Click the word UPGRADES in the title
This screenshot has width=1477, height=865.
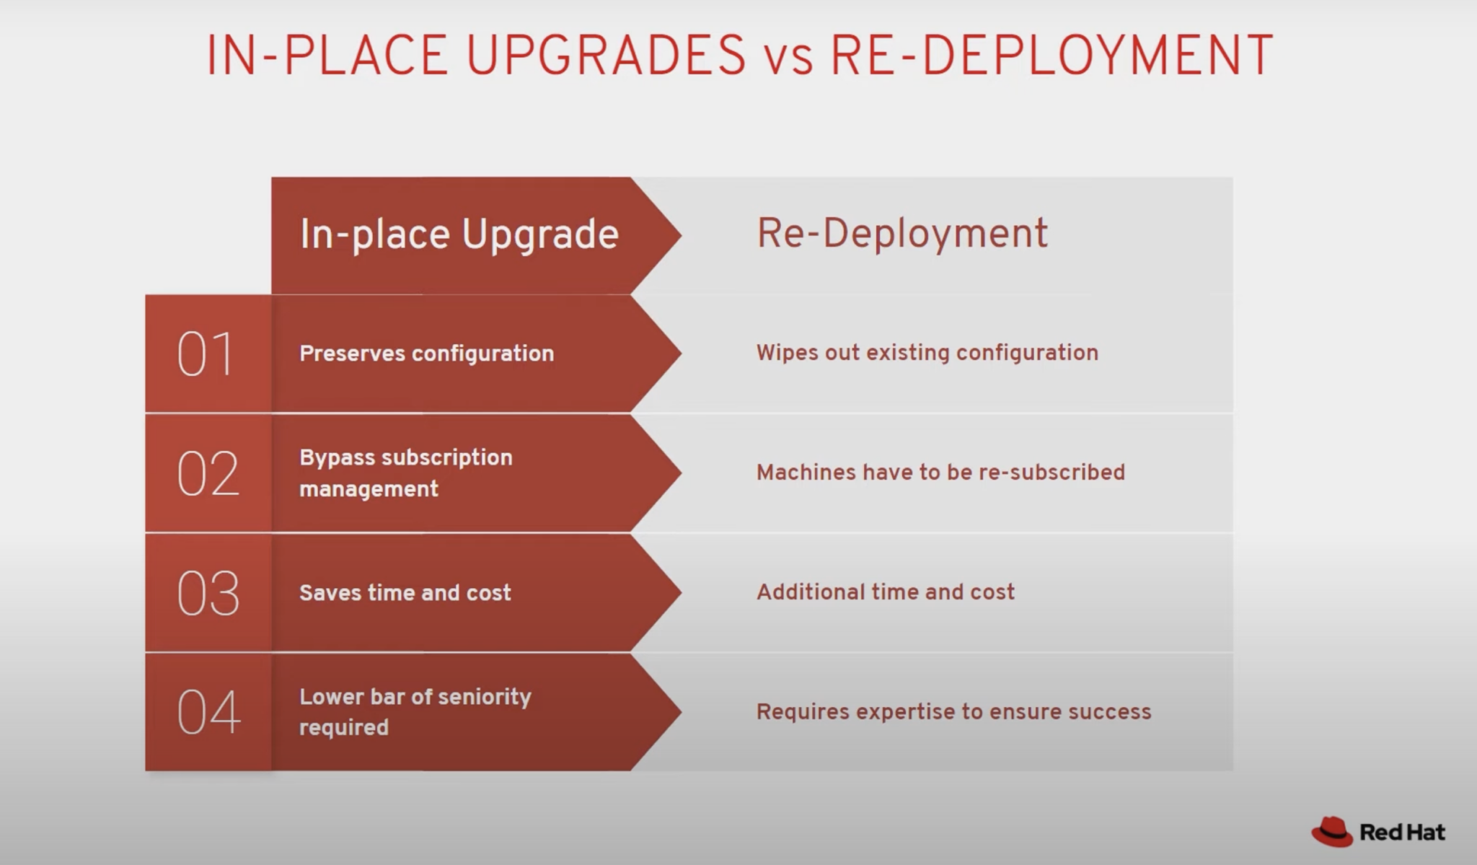click(x=606, y=56)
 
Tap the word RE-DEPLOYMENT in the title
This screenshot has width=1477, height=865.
click(x=1051, y=56)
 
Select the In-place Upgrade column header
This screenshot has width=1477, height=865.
click(x=459, y=234)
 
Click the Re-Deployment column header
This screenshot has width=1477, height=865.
click(x=901, y=234)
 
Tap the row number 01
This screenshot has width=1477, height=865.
click(x=206, y=354)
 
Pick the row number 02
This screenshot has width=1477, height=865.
click(x=208, y=474)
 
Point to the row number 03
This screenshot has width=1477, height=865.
click(x=208, y=593)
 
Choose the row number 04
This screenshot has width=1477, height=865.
click(x=208, y=712)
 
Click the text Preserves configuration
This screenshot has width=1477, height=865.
click(x=426, y=354)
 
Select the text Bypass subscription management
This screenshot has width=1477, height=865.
click(x=405, y=473)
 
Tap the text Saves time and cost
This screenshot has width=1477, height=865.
click(x=405, y=593)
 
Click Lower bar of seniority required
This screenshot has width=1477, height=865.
click(x=415, y=712)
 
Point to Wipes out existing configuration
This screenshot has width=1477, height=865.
click(x=927, y=353)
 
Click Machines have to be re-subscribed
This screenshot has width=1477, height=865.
click(x=940, y=473)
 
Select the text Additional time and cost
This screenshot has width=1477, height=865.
click(x=885, y=592)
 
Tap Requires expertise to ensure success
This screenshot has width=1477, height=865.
click(x=953, y=712)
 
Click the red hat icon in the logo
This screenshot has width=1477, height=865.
click(x=1331, y=832)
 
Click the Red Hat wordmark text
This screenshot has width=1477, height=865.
click(x=1402, y=833)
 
